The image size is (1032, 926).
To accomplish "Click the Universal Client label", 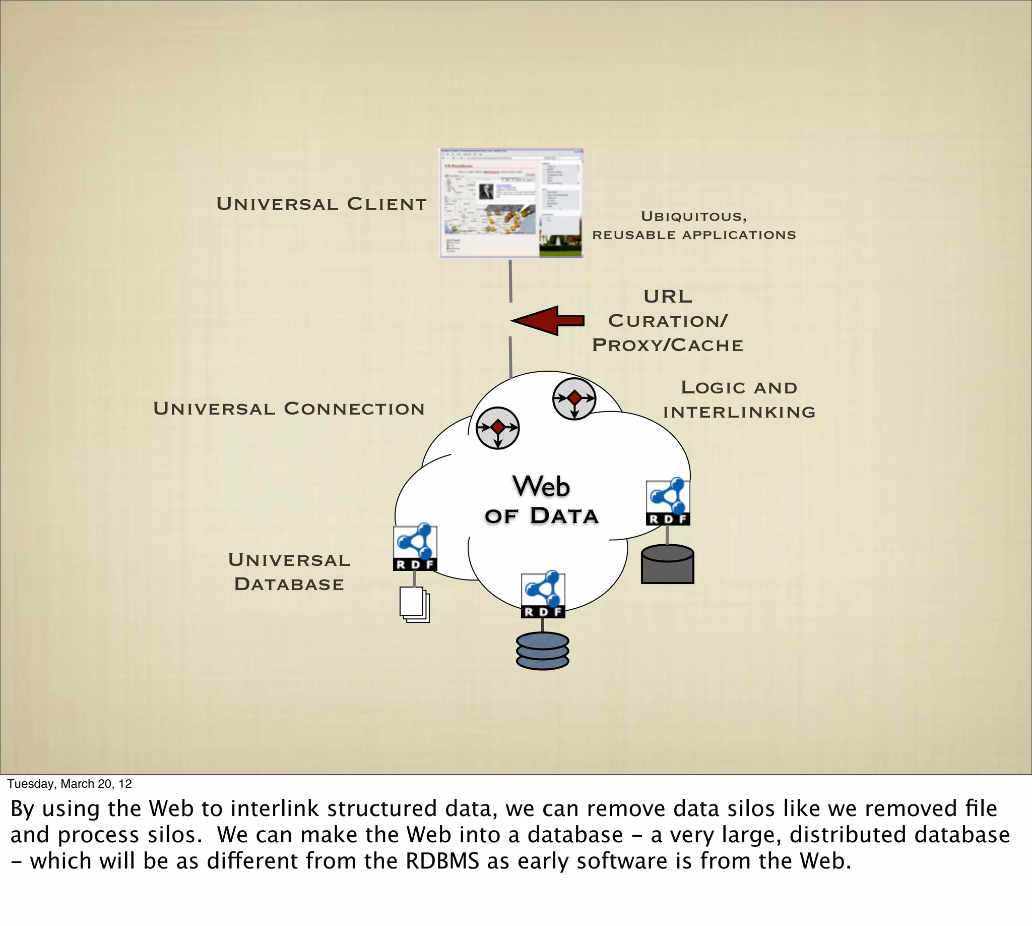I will [321, 204].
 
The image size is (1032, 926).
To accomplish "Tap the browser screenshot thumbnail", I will [511, 204].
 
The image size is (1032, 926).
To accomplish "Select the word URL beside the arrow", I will [668, 297].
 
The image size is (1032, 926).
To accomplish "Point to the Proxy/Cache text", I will [668, 345].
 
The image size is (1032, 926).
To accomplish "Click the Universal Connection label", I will [289, 409].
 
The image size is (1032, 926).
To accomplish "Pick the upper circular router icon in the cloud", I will [574, 399].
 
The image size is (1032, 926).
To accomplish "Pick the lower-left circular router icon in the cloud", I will [497, 428].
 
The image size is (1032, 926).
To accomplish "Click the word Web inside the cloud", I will [541, 486].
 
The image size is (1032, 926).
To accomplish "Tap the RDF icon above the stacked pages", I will [415, 547].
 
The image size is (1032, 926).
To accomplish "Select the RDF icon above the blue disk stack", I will [543, 595].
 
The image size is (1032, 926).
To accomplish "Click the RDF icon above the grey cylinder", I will [668, 502].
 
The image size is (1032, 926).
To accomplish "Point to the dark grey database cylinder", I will [668, 565].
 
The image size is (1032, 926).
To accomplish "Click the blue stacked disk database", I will [542, 651].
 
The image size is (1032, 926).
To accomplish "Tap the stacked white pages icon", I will [414, 604].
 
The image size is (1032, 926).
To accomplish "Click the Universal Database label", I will [289, 572].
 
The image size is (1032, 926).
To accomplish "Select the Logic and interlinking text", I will [739, 400].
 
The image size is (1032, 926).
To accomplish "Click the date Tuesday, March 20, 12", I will [70, 784].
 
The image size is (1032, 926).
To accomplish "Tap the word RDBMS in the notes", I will [442, 861].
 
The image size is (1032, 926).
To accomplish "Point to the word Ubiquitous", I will [693, 217].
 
